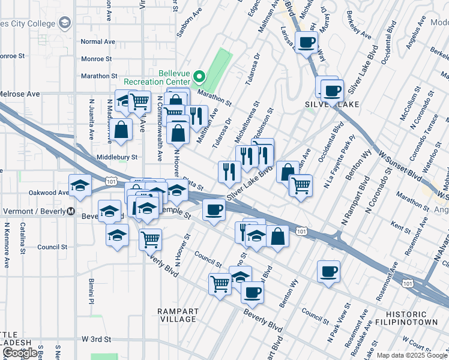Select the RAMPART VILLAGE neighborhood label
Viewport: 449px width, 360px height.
point(177,315)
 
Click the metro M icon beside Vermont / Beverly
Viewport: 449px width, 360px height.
point(70,211)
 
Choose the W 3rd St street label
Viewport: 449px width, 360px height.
point(97,339)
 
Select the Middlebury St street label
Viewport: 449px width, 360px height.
point(117,157)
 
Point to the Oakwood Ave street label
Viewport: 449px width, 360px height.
point(49,193)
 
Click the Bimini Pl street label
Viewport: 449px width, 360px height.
point(91,290)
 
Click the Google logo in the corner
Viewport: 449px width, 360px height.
point(20,353)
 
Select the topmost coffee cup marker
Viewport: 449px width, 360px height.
point(307,42)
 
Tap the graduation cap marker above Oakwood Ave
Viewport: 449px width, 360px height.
point(79,185)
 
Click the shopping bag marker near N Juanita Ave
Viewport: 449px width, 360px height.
point(121,130)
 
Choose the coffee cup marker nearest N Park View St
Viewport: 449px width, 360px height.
point(328,271)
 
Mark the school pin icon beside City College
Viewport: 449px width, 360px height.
point(65,23)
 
